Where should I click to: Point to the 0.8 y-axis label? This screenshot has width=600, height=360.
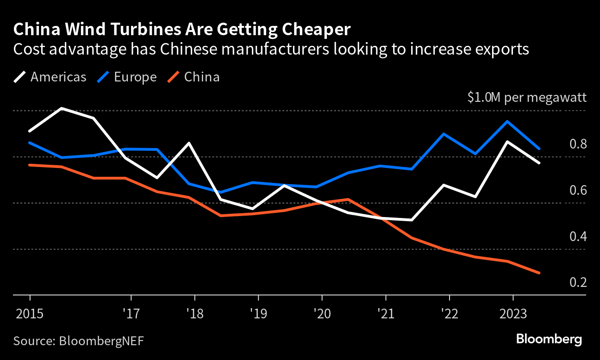click(577, 144)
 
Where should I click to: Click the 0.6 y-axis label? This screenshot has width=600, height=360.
click(577, 190)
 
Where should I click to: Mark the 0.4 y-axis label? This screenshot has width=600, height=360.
click(577, 236)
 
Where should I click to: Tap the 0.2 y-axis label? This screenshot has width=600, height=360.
click(577, 282)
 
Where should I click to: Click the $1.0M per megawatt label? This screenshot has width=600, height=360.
click(527, 98)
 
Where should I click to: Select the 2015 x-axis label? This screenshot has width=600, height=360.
click(30, 314)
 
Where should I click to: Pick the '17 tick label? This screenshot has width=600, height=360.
click(131, 314)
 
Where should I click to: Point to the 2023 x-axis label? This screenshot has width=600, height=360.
click(513, 314)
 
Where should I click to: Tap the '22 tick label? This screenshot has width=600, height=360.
click(450, 314)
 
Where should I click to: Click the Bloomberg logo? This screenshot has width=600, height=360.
click(549, 339)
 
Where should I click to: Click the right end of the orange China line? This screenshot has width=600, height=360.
click(539, 273)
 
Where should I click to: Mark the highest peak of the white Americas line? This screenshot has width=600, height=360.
click(62, 108)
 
